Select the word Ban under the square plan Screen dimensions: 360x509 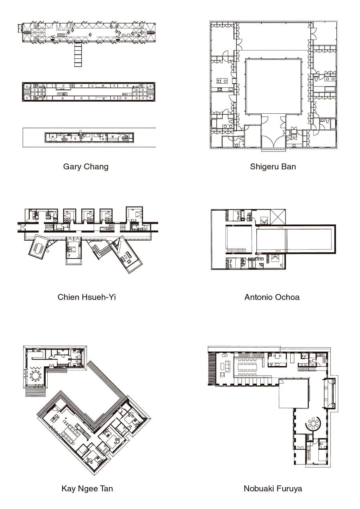point(288,167)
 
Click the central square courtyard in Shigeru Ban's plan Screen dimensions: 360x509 point(274,87)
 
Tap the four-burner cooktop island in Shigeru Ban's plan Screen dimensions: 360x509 point(222,80)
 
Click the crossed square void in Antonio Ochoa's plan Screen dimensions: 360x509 point(278,217)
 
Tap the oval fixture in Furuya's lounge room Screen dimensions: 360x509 point(225,355)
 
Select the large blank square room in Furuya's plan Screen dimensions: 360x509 point(294,393)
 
